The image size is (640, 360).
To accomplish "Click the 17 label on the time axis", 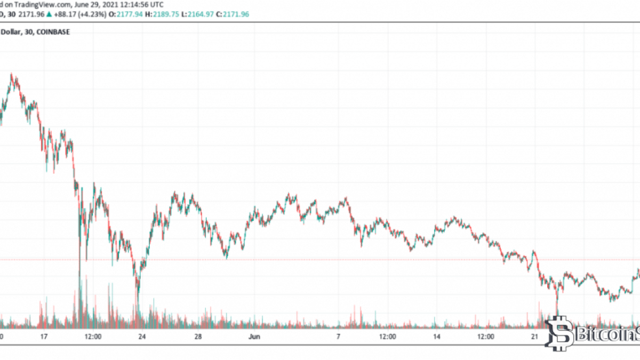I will (x=44, y=337).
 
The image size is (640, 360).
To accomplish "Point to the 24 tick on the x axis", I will (x=142, y=337).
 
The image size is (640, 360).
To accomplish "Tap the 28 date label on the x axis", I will (x=198, y=337).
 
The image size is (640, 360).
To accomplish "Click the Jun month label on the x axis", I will (x=254, y=337).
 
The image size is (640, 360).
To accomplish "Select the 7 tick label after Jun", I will (x=338, y=337).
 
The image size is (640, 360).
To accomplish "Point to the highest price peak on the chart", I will (x=12, y=75).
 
